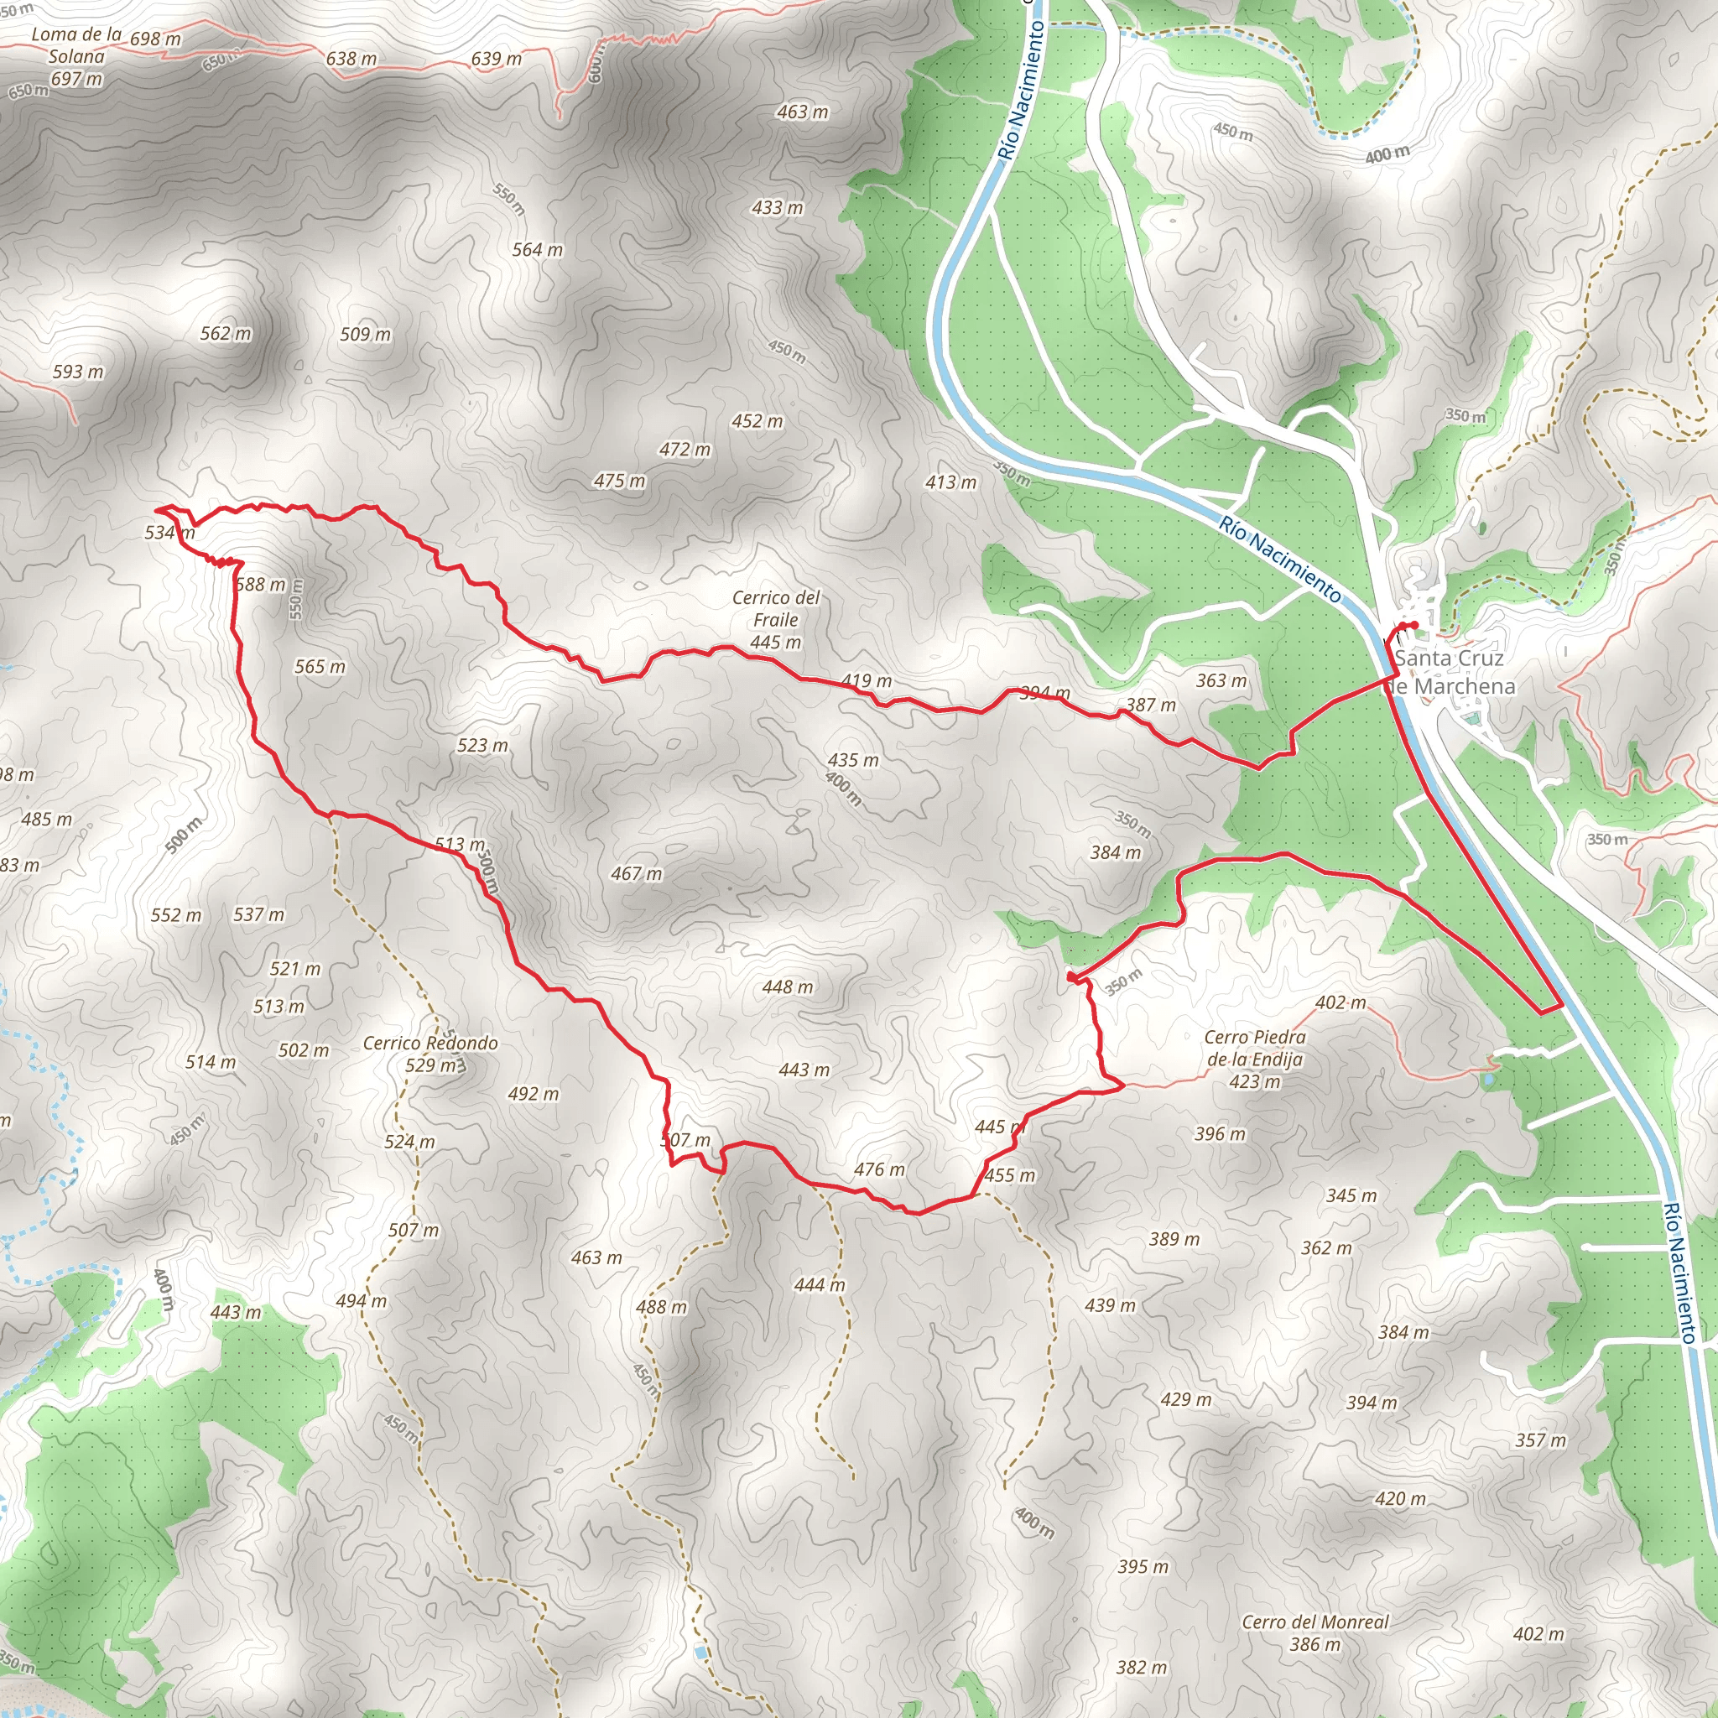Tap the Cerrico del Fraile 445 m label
point(775,620)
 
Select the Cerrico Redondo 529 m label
point(430,1054)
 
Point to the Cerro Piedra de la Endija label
point(1255,1059)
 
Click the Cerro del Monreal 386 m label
point(1315,1632)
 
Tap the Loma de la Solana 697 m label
point(76,57)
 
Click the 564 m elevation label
point(537,250)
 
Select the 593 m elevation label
point(77,372)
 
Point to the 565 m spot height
point(320,667)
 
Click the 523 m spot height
point(482,745)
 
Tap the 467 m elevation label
point(636,874)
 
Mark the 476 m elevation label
point(878,1169)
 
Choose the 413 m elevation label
point(950,482)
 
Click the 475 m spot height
point(620,481)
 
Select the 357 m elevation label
point(1541,1439)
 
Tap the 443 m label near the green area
point(236,1312)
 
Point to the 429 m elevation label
point(1185,1400)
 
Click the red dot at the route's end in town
point(1413,624)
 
